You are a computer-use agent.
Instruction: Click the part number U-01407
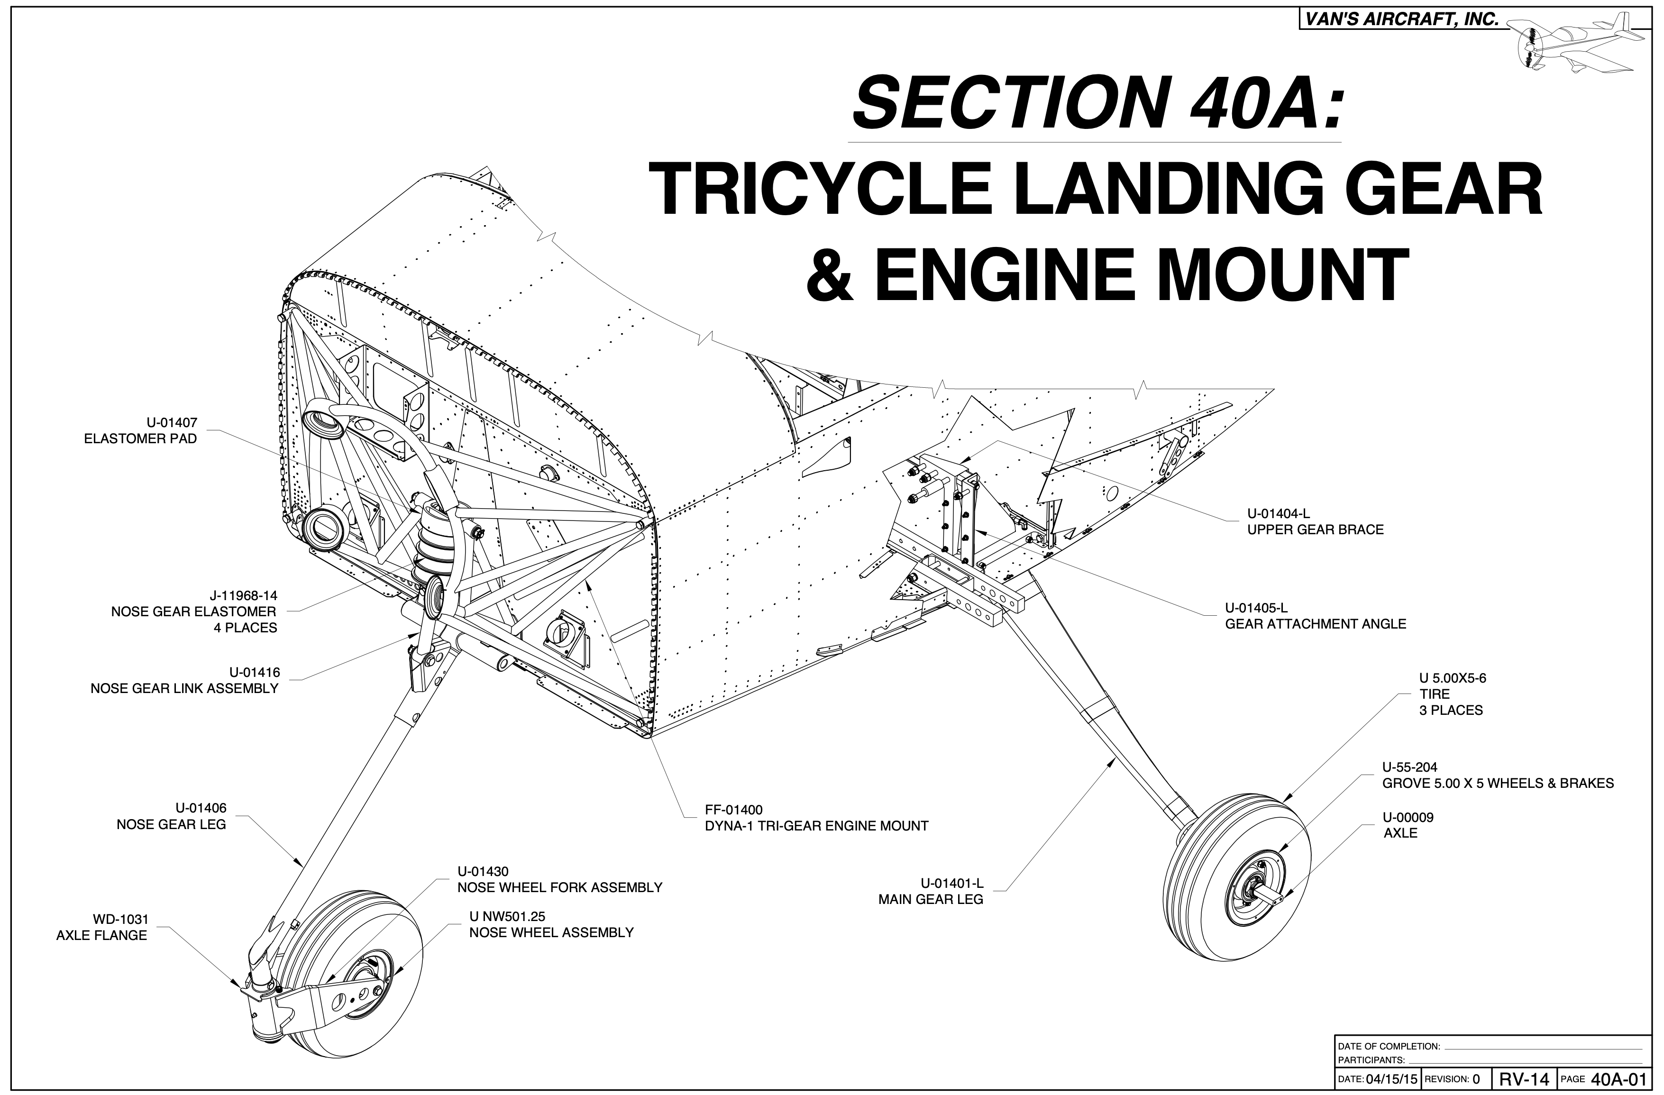pos(172,422)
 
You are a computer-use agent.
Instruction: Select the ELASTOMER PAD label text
pos(140,439)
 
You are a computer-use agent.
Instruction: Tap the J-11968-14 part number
pos(243,596)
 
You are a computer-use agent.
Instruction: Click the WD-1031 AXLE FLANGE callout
pos(102,927)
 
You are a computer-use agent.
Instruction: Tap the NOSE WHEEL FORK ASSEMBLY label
pos(559,887)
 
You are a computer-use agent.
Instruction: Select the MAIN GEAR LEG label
pos(931,899)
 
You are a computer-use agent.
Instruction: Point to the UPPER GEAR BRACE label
pos(1315,529)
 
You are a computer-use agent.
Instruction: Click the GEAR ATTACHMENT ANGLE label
pos(1315,624)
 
